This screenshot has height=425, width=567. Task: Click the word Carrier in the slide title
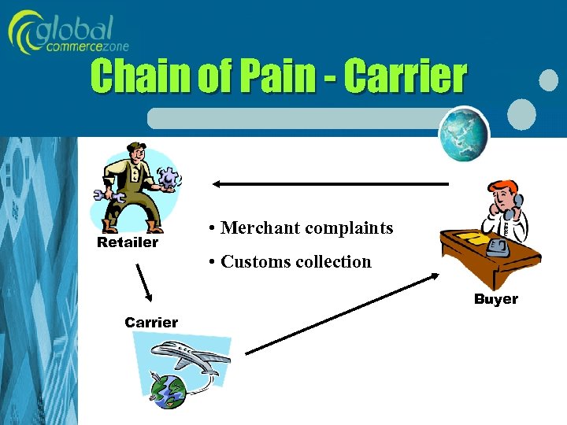tap(406, 77)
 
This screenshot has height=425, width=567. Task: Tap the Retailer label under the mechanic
tap(128, 242)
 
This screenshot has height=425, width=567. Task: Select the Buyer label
tap(495, 299)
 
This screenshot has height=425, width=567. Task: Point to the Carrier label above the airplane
tap(151, 322)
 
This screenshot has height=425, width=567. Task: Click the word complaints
tap(349, 229)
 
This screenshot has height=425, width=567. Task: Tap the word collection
tap(333, 262)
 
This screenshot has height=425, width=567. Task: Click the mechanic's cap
tap(132, 148)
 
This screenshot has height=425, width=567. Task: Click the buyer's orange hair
tap(502, 189)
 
